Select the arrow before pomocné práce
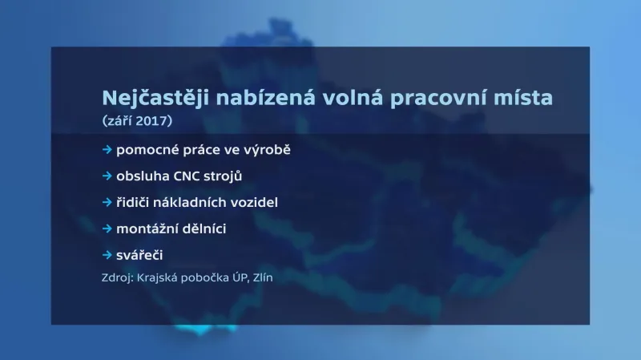tap(107, 150)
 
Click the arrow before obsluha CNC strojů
tap(107, 176)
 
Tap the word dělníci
tap(204, 229)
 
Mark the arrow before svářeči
tap(107, 255)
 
